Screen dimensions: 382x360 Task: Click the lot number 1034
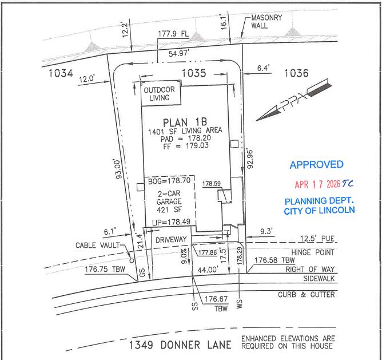pos(61,73)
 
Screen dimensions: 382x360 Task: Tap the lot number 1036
pos(296,73)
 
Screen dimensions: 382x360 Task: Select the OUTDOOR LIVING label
pos(160,94)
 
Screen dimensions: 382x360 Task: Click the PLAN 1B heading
pos(185,122)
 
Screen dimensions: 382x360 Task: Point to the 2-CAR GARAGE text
pos(169,197)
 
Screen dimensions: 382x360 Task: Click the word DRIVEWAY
pos(171,240)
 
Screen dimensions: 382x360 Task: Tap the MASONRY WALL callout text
pos(266,22)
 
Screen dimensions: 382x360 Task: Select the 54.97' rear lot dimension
pos(179,53)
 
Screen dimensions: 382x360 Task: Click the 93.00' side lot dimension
pos(118,169)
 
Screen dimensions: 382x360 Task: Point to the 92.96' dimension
pos(250,159)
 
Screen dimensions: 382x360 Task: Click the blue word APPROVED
pos(316,165)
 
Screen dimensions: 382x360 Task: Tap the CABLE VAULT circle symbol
pos(132,261)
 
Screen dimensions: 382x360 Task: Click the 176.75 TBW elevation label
pos(105,269)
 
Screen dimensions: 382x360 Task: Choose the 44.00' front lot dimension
pos(208,270)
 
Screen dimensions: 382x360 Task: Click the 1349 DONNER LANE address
pos(180,345)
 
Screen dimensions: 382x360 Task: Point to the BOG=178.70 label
pos(169,181)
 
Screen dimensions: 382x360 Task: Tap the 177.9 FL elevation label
pos(173,34)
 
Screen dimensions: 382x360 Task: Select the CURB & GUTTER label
pos(307,295)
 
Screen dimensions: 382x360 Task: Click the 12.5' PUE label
pos(317,238)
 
